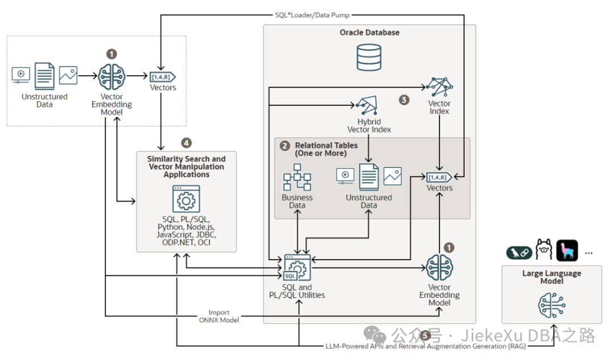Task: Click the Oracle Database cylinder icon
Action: (x=368, y=58)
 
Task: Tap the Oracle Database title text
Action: (x=370, y=32)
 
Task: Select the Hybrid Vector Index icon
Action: (x=367, y=106)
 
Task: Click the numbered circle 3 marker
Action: (x=404, y=100)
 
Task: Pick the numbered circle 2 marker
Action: (x=285, y=146)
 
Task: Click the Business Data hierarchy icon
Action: (x=297, y=178)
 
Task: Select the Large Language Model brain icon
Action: (x=551, y=305)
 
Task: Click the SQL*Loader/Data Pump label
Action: (x=313, y=15)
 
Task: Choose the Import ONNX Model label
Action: (x=219, y=316)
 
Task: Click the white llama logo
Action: (x=544, y=251)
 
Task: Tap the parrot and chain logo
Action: (x=519, y=252)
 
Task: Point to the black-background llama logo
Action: (x=567, y=251)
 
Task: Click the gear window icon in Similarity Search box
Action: (x=186, y=199)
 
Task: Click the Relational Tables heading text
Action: (x=326, y=149)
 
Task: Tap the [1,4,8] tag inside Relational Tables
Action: (x=440, y=177)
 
